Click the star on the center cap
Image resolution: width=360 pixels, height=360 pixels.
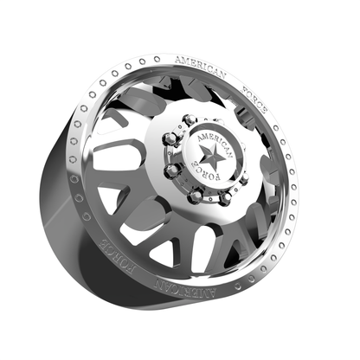[x=209, y=156]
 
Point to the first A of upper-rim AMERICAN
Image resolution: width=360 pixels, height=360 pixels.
[x=179, y=61]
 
